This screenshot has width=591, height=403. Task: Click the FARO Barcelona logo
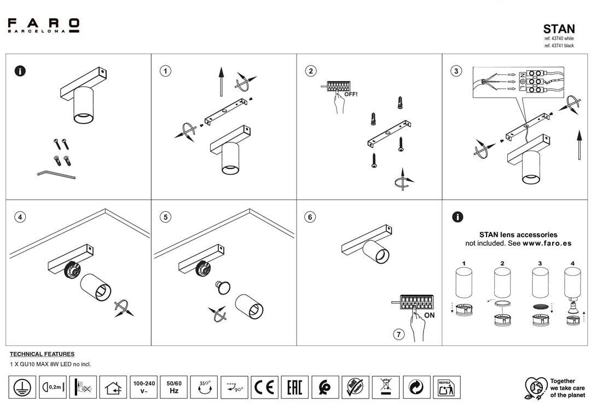(44, 25)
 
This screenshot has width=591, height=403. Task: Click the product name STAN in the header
(559, 29)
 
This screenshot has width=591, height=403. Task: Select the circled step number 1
(165, 71)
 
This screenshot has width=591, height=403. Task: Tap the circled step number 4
(20, 217)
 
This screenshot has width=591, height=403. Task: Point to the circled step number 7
(399, 335)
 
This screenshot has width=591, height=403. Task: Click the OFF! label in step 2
(351, 94)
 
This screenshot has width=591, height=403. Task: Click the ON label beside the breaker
(429, 315)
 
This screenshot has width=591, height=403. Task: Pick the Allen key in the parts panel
(56, 175)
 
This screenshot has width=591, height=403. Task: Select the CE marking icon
(265, 387)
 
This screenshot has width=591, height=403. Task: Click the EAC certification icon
(294, 387)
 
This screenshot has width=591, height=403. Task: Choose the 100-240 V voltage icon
(144, 387)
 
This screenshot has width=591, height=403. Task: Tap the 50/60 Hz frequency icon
(174, 387)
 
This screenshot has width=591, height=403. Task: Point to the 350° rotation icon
(204, 387)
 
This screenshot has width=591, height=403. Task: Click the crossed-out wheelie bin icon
(386, 387)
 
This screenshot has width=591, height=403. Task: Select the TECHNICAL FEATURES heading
(42, 354)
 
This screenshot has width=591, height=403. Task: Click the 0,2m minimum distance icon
(53, 387)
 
